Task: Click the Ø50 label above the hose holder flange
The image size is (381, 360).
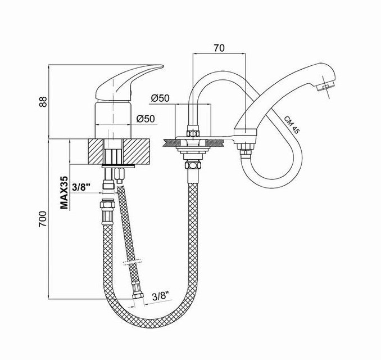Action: coord(160,98)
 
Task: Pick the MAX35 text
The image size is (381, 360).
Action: coord(64,192)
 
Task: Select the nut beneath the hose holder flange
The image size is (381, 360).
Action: coord(193,166)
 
